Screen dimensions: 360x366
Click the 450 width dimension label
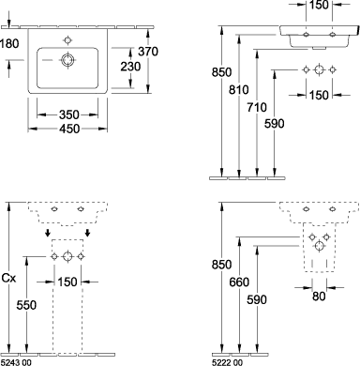(69, 129)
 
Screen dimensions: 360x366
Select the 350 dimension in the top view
(69, 114)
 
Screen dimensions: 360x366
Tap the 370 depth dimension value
(148, 52)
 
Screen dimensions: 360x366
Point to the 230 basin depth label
(130, 67)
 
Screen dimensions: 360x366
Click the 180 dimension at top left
(9, 44)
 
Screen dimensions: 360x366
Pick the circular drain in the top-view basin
(67, 60)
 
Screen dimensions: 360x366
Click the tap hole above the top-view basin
(67, 40)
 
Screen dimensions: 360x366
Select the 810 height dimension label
(239, 90)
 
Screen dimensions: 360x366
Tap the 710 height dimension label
(257, 107)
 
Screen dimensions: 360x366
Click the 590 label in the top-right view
(275, 124)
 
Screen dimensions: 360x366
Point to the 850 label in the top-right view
(221, 72)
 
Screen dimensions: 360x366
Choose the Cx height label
(9, 278)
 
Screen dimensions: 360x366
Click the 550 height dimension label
(26, 305)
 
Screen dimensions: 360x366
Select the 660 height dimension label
(239, 282)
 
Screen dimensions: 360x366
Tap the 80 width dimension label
(319, 296)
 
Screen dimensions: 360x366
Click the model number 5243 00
(16, 362)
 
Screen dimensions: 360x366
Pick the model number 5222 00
(227, 362)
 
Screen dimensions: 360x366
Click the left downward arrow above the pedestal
(48, 233)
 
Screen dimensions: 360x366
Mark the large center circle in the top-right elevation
(319, 69)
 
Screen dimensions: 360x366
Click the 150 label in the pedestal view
(67, 282)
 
